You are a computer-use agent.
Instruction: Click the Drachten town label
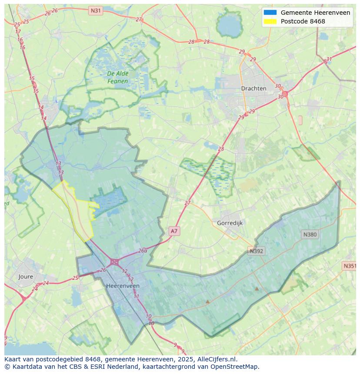tap(253, 88)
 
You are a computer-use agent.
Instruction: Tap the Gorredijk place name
tap(230, 223)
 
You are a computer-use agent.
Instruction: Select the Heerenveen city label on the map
tap(123, 286)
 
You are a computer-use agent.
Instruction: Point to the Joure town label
tap(26, 277)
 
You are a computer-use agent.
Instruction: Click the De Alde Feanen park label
tap(118, 77)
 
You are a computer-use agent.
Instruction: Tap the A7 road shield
tap(174, 231)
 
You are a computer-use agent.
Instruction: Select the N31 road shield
tap(95, 10)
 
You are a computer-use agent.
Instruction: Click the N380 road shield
tap(310, 235)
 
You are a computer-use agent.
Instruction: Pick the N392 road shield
tap(256, 251)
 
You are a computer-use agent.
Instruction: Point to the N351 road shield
tap(350, 266)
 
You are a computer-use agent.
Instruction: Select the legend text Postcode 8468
tap(303, 21)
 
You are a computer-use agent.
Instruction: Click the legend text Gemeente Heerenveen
tap(315, 13)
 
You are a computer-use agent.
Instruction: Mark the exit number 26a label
tap(143, 251)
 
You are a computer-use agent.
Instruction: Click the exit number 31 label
tap(329, 60)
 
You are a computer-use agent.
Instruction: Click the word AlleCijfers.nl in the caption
tap(217, 359)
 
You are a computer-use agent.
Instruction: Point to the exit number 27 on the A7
tap(187, 203)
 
